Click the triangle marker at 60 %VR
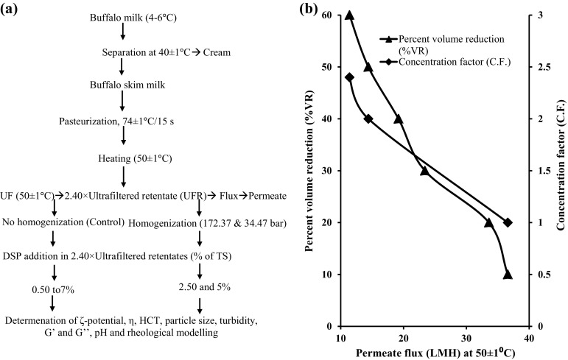tap(349, 15)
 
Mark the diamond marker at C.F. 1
tap(508, 222)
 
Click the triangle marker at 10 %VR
tap(508, 274)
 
